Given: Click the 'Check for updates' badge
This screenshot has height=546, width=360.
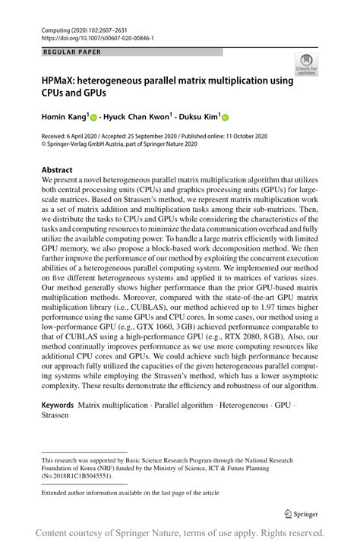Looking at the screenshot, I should pyautogui.click(x=306, y=65).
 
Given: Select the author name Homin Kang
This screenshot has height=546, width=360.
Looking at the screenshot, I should pyautogui.click(x=64, y=117).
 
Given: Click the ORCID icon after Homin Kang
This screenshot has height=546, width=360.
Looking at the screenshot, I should pyautogui.click(x=94, y=118).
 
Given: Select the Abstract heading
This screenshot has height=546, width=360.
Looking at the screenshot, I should pyautogui.click(x=57, y=170).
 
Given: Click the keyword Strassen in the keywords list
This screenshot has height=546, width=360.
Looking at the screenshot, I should pyautogui.click(x=58, y=416).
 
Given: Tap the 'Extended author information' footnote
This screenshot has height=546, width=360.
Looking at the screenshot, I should pyautogui.click(x=130, y=493).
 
